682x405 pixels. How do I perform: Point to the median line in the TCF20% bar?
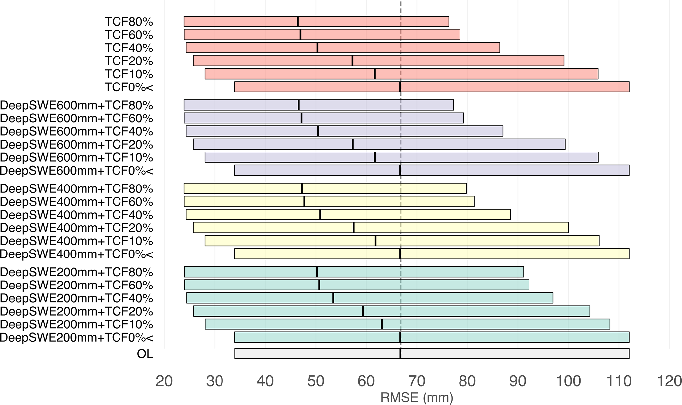coord(352,61)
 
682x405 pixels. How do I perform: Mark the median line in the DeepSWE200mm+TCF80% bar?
coord(317,272)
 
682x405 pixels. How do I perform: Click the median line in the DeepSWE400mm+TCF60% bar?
coord(304,202)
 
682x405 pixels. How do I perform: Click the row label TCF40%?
coord(129,48)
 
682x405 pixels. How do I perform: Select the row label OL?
coord(145,354)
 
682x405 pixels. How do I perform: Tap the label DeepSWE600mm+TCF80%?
coord(76,105)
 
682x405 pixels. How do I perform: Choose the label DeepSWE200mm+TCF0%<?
coord(77,338)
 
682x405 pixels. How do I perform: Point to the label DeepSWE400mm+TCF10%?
coord(76,241)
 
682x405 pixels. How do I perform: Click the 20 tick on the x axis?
coord(164,381)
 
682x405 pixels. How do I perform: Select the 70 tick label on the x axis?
coord(417,381)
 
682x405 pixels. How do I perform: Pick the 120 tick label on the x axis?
coord(669,381)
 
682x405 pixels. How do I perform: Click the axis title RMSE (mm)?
coord(417,398)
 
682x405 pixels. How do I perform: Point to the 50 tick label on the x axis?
coord(316,381)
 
